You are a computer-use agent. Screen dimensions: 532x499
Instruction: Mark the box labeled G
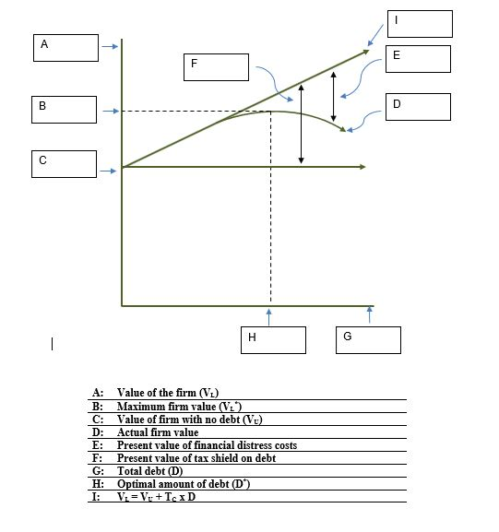pyautogui.click(x=368, y=340)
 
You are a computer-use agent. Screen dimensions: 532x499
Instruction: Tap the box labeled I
pyautogui.click(x=420, y=24)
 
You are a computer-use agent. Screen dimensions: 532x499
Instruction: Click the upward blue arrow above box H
pyautogui.click(x=269, y=315)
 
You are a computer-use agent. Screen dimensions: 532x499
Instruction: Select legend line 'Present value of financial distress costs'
pyautogui.click(x=207, y=445)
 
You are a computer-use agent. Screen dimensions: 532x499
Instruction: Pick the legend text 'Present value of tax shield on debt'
pyautogui.click(x=196, y=458)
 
